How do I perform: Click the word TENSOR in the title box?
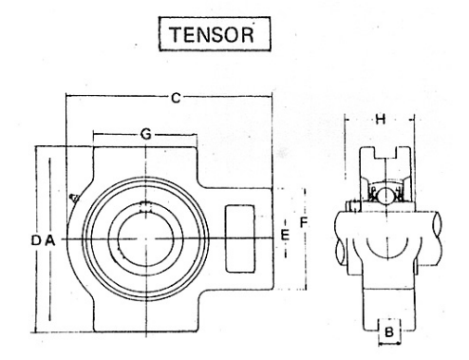click(x=212, y=34)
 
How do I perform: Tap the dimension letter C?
click(x=176, y=98)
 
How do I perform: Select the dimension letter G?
click(x=146, y=135)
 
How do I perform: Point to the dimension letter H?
click(x=381, y=120)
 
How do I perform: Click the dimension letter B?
click(x=389, y=332)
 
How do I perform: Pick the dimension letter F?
click(x=304, y=223)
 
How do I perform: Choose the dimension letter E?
click(x=285, y=236)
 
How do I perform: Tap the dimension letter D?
click(x=36, y=240)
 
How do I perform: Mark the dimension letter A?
click(x=49, y=240)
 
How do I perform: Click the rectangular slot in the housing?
click(x=240, y=238)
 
